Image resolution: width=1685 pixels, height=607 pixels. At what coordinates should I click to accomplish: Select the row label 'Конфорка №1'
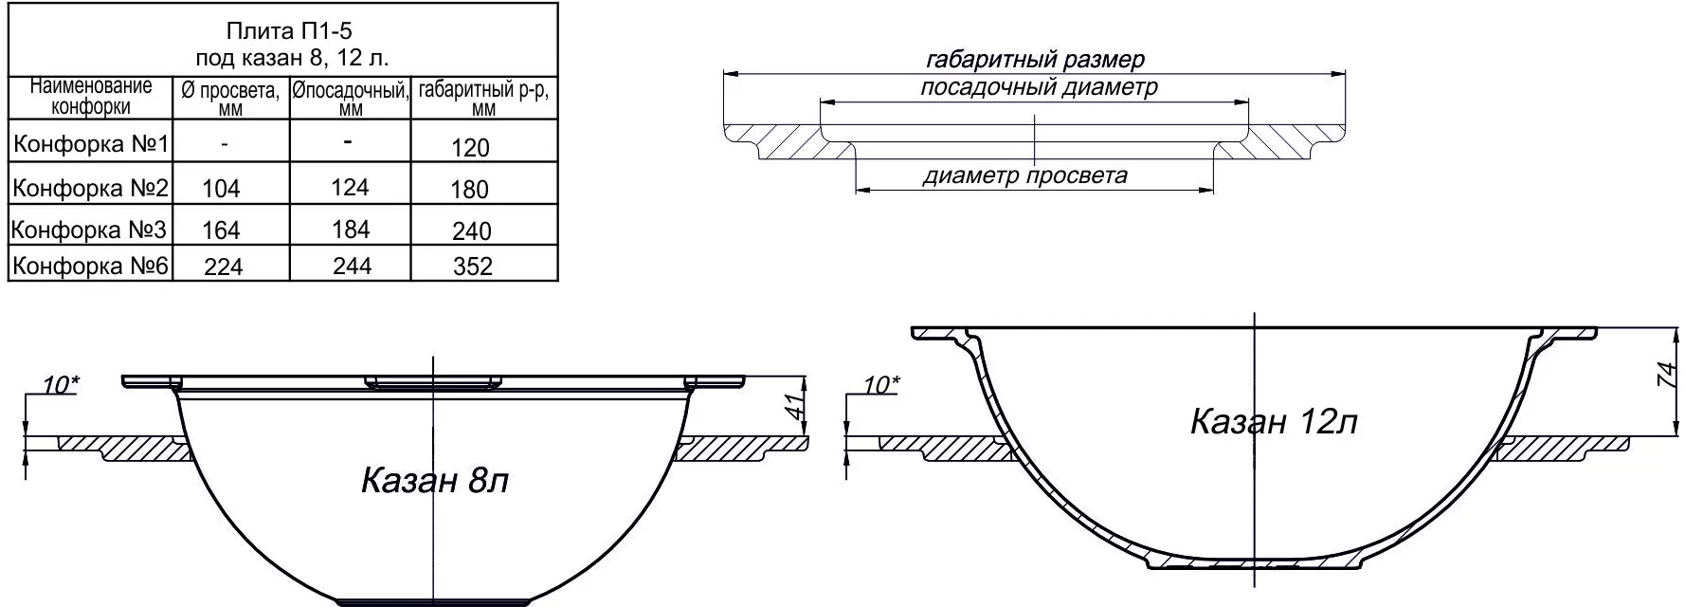[x=91, y=144]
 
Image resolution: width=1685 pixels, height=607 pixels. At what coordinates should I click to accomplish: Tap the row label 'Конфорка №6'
[x=91, y=266]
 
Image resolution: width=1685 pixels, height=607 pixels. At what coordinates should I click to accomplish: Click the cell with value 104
[x=222, y=189]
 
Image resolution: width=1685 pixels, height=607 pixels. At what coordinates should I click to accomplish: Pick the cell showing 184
[x=351, y=230]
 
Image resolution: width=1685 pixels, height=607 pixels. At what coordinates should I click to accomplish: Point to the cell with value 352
[x=472, y=266]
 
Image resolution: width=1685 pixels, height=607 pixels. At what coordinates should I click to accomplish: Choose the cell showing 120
[x=472, y=148]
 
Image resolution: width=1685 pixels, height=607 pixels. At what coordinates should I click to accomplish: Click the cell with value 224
[x=223, y=267]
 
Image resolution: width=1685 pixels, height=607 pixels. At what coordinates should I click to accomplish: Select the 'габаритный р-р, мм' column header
[x=483, y=98]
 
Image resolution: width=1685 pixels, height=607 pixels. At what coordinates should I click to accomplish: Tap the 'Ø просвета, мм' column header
[x=230, y=99]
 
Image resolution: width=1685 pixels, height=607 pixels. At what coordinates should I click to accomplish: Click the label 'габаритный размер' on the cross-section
[x=1035, y=60]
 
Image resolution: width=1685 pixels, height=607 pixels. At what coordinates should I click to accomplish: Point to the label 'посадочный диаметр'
[x=1039, y=88]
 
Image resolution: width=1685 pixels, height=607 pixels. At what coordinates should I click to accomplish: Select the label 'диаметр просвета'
[x=1025, y=175]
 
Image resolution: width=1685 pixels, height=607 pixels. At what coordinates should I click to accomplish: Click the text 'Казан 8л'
[x=435, y=481]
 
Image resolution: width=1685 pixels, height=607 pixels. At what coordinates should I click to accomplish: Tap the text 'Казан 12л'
[x=1274, y=421]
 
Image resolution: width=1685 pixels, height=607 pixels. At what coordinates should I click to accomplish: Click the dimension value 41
[x=796, y=407]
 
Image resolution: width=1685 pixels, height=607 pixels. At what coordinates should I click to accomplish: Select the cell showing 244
[x=352, y=267]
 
